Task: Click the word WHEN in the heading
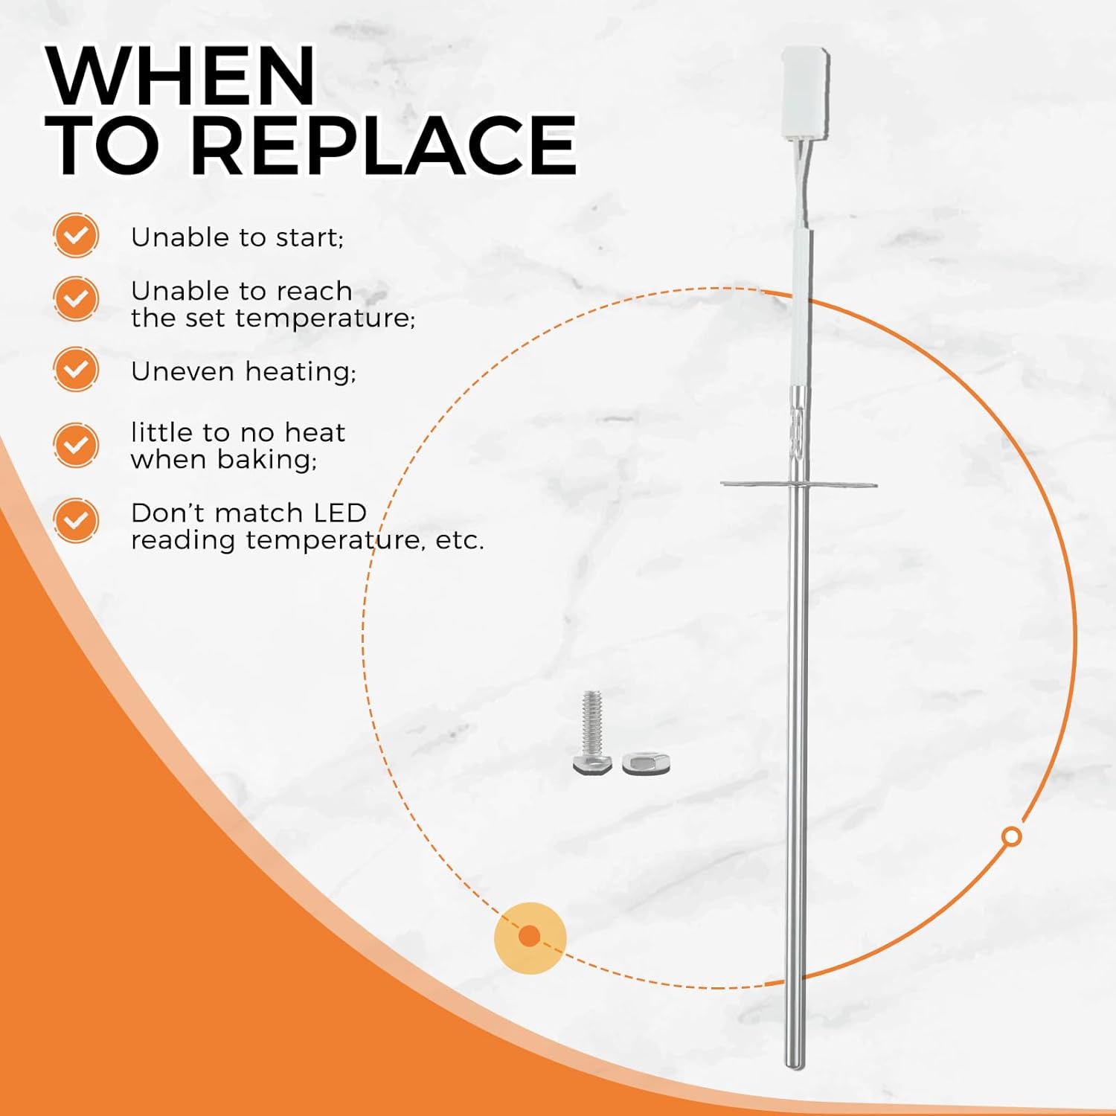(181, 76)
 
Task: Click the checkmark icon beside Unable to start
(76, 235)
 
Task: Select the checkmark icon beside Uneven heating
(76, 369)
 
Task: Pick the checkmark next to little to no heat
(76, 445)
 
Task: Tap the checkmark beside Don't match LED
(76, 520)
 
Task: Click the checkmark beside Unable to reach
(76, 298)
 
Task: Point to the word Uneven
(182, 371)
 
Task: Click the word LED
(340, 513)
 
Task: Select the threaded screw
(592, 733)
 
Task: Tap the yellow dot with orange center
(530, 937)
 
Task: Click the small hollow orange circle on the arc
(1011, 836)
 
